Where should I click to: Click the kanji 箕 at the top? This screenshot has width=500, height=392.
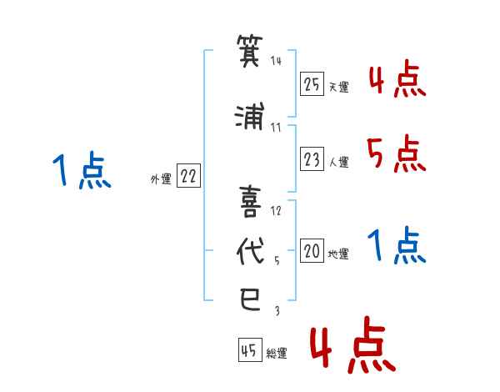click(x=250, y=50)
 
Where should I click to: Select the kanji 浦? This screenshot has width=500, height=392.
click(x=250, y=116)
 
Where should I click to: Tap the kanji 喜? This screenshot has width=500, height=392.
click(x=250, y=202)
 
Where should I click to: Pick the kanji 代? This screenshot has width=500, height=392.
click(x=250, y=251)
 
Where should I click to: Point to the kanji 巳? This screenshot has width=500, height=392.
click(x=250, y=299)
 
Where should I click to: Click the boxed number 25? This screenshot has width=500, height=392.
click(x=312, y=84)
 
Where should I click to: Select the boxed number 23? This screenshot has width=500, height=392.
click(x=312, y=158)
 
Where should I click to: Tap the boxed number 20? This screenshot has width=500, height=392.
click(x=312, y=250)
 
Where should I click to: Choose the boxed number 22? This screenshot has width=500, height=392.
click(x=188, y=175)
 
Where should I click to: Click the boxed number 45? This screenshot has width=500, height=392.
click(x=250, y=349)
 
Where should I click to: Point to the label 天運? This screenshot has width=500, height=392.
click(x=338, y=87)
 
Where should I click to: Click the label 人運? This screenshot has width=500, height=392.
click(x=338, y=162)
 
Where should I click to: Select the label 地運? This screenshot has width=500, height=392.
click(x=338, y=254)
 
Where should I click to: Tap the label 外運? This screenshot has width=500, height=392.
click(x=161, y=179)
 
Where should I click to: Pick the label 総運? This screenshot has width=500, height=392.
click(x=277, y=353)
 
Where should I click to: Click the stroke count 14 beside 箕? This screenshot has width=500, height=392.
click(x=276, y=60)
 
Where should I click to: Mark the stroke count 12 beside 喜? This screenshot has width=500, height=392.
click(x=276, y=211)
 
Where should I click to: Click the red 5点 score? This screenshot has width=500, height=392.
click(x=396, y=153)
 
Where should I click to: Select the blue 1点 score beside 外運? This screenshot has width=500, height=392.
click(x=82, y=170)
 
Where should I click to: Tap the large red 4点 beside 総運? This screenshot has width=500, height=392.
click(x=352, y=344)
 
